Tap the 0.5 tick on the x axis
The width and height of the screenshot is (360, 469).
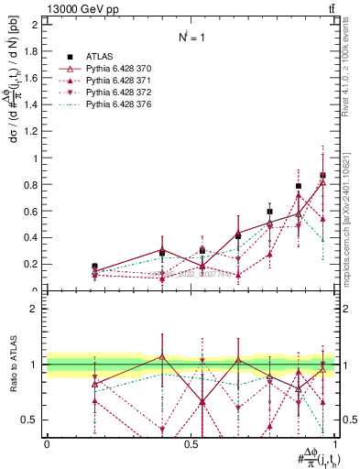[191, 443]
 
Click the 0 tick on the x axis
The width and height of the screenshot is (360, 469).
[47, 443]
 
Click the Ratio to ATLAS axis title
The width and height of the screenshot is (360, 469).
[12, 364]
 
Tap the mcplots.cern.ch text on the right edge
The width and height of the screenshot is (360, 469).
[352, 211]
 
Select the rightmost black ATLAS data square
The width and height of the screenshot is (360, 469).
[322, 175]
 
